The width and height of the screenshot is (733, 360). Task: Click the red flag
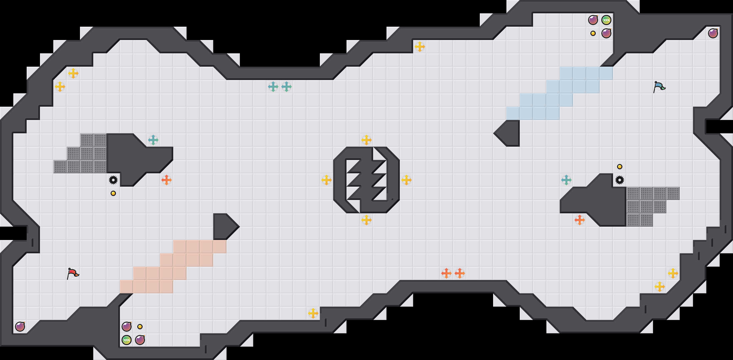(x=73, y=274)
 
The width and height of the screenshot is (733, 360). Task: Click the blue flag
(x=659, y=87)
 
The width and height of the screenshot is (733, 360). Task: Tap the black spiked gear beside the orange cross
(x=113, y=180)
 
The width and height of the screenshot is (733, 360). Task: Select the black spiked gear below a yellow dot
(x=620, y=180)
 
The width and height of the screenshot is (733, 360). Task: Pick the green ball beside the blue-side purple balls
(x=606, y=20)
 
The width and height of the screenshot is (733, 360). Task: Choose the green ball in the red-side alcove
(x=127, y=340)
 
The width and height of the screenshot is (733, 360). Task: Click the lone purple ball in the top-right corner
(x=713, y=33)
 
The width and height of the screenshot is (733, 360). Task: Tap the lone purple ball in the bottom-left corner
(x=20, y=327)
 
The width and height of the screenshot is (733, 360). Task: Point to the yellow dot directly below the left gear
(x=113, y=193)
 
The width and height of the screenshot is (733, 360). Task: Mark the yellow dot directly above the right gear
(x=620, y=167)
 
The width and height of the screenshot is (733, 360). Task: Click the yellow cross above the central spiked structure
(x=366, y=140)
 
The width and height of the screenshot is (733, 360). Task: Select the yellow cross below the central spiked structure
(x=366, y=220)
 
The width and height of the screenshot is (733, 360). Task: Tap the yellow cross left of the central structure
(x=327, y=180)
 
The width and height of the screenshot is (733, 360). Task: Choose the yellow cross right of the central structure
(x=406, y=180)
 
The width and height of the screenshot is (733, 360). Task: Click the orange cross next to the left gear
(x=167, y=180)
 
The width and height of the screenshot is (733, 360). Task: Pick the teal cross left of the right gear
(x=566, y=180)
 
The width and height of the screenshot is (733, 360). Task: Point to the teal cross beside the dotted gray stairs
(x=153, y=140)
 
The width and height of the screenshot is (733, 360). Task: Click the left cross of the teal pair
(x=273, y=87)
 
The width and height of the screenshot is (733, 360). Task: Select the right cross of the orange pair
(x=460, y=273)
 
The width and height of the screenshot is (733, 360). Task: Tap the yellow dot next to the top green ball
(x=593, y=33)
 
